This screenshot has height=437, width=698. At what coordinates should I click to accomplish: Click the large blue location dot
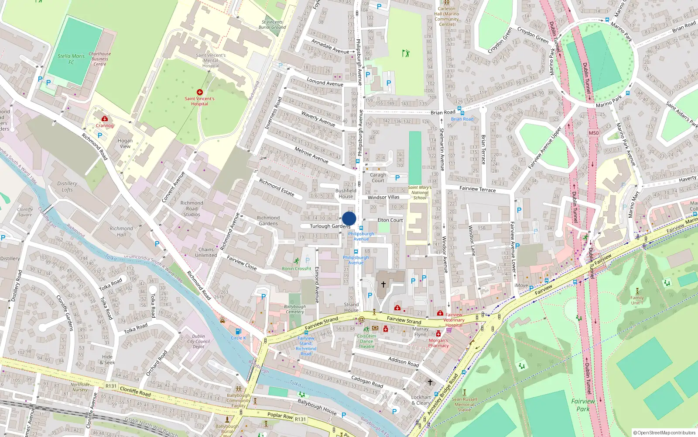click(x=349, y=218)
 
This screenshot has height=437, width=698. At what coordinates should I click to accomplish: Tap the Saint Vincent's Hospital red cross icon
click(x=200, y=92)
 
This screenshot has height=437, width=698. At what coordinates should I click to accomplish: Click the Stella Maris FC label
click(x=71, y=59)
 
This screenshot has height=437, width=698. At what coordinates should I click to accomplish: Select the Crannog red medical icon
click(x=105, y=119)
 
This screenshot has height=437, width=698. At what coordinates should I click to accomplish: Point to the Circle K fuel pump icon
click(x=238, y=332)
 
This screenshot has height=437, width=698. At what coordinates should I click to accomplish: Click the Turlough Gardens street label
click(x=330, y=226)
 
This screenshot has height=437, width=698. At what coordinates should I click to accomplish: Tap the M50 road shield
click(x=594, y=133)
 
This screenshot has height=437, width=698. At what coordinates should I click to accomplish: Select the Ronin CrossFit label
click(x=297, y=269)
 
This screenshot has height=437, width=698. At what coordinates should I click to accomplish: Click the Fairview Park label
click(x=583, y=405)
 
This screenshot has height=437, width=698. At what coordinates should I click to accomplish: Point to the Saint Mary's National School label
click(x=420, y=192)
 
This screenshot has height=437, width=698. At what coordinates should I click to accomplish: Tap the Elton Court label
click(x=390, y=220)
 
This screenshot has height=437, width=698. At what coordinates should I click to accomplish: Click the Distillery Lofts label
click(x=67, y=187)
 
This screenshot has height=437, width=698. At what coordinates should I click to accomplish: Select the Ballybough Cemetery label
click(x=295, y=309)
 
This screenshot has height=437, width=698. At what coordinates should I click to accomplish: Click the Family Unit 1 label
click(x=637, y=300)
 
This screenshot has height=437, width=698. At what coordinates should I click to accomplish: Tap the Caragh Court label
click(x=378, y=177)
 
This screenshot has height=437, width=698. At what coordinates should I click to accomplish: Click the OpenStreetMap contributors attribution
click(x=664, y=433)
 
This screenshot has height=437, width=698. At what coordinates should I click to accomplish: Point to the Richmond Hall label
click(x=121, y=231)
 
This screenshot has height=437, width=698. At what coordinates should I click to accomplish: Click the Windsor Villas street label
click(x=383, y=197)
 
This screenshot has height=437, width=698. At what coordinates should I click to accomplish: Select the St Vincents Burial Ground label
click(x=273, y=24)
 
